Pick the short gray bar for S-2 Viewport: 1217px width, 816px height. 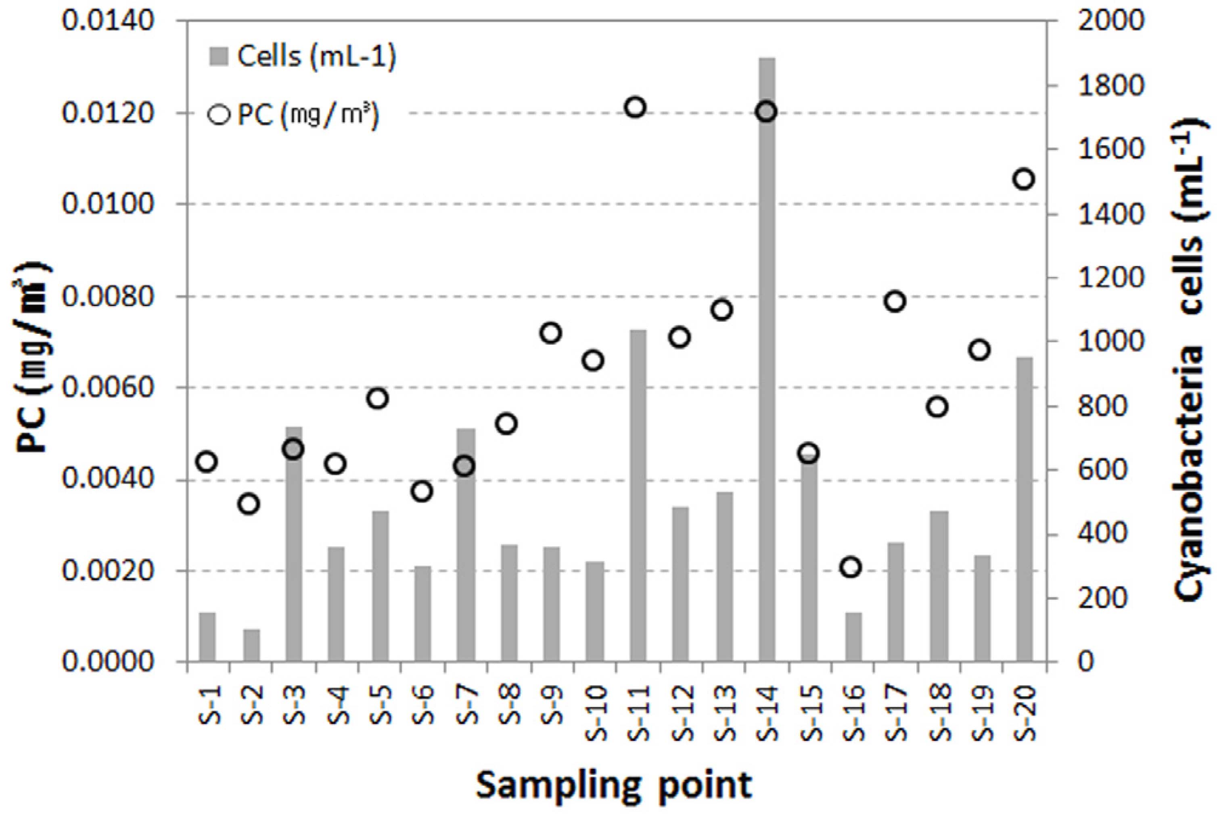point(251,645)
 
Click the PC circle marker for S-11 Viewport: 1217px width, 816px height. point(635,108)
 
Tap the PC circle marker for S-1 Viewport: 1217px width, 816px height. point(207,462)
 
